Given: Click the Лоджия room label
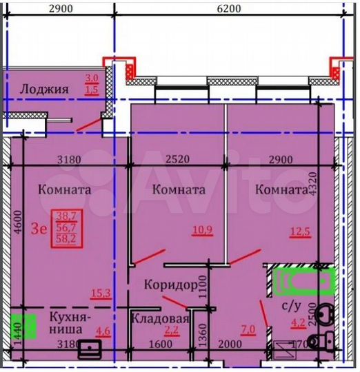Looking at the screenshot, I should pyautogui.click(x=44, y=88).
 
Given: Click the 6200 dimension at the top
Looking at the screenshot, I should pyautogui.click(x=228, y=9).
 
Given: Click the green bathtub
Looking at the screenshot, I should pyautogui.click(x=301, y=280).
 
